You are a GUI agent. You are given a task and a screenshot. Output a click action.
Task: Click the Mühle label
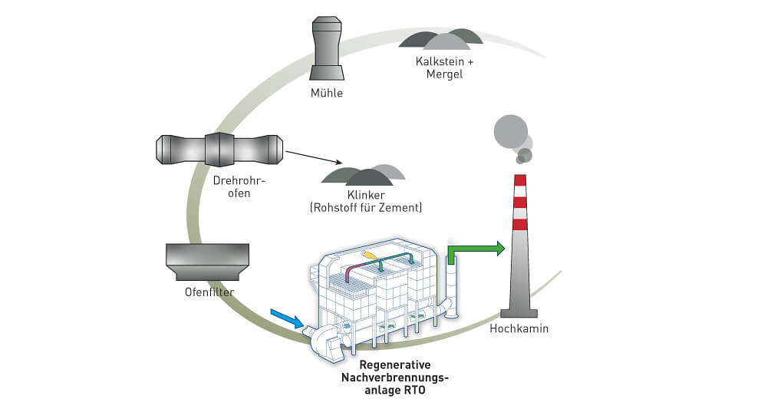[x=327, y=94]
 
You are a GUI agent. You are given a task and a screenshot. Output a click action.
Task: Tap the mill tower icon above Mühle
[x=327, y=47]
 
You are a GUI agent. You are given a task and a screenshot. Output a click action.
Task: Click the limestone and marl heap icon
[x=440, y=39]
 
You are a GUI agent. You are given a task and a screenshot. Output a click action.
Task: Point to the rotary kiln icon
[x=219, y=148]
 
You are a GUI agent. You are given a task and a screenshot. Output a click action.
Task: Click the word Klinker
[x=366, y=195]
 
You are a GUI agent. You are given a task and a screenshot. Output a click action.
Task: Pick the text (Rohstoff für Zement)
[x=366, y=208]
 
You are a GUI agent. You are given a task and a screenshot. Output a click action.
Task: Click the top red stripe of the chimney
[x=520, y=180]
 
